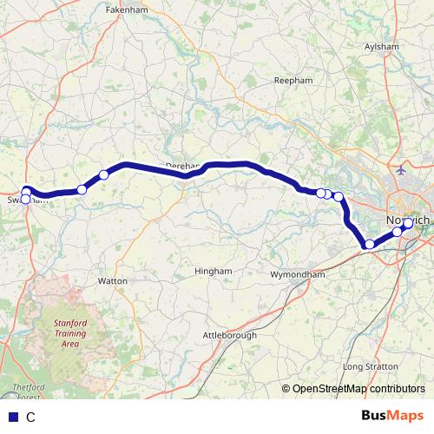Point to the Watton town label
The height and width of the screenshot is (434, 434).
pos(113,281)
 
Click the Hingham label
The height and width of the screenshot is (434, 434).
pos(214,271)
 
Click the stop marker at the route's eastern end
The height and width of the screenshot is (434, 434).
pos(407,223)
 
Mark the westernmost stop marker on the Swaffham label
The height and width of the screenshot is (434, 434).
pos(25,200)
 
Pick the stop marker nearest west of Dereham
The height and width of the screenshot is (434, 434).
pos(103,174)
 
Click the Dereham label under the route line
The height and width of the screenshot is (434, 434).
pos(182,164)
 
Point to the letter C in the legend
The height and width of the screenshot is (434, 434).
pos(31,417)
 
